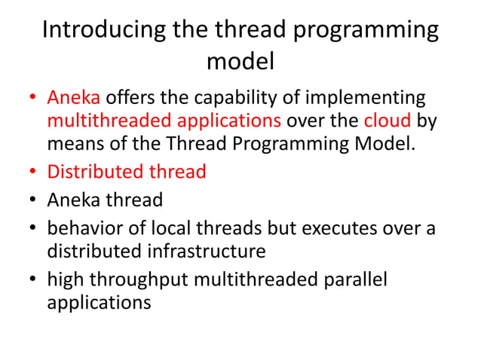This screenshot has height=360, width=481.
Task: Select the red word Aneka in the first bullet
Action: pos(74,98)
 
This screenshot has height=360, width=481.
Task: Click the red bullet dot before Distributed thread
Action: pos(33,172)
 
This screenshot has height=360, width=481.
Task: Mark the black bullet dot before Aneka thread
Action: pos(33,201)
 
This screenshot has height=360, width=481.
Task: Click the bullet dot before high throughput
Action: pos(33,280)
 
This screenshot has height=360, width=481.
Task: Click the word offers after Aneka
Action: pos(128,99)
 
